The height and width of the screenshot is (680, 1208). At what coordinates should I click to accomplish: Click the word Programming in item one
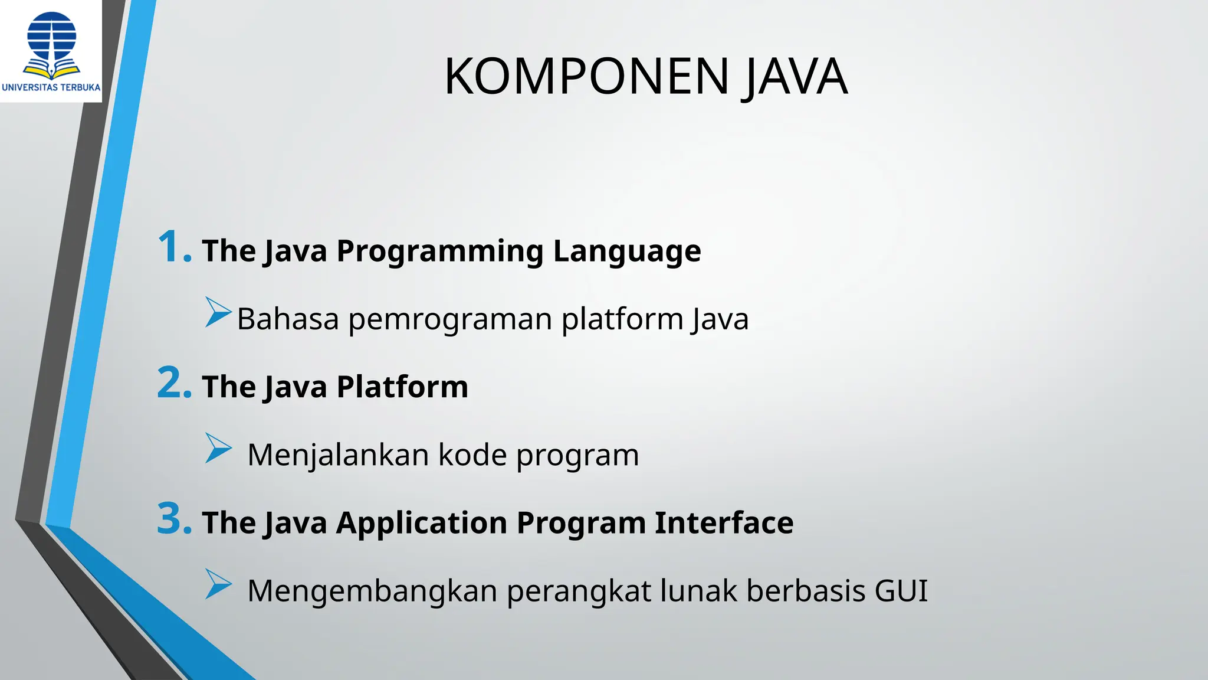(x=439, y=251)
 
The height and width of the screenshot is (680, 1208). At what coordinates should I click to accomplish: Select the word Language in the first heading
(x=626, y=251)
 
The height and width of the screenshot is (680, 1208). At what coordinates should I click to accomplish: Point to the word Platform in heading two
(x=402, y=387)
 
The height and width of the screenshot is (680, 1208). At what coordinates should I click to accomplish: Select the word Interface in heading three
(x=724, y=523)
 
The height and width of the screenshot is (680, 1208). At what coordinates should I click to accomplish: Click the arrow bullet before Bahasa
(x=218, y=312)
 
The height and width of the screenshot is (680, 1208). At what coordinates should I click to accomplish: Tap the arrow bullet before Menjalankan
(x=218, y=448)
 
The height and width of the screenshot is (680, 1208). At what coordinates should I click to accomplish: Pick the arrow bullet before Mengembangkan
(x=218, y=584)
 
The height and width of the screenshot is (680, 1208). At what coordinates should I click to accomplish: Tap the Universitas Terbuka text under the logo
(x=51, y=87)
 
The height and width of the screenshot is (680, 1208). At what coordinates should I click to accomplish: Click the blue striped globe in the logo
(x=52, y=35)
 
